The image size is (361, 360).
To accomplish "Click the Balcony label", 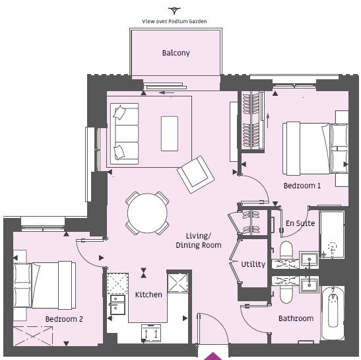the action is (176, 53).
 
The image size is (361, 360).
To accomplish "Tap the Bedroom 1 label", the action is (302, 186).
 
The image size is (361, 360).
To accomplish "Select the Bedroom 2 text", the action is (64, 319).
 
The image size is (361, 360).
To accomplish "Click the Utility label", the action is (253, 264).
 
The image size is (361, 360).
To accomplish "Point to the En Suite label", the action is (300, 223).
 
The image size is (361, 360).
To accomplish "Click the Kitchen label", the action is (148, 295).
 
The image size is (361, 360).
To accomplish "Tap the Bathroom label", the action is (296, 318).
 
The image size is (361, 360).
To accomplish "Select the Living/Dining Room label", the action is (199, 240).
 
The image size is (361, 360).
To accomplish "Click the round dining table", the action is (147, 213).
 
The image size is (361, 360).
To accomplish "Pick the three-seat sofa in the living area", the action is (124, 134).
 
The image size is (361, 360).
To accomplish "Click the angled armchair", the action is (196, 174).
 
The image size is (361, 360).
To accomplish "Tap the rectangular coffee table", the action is (170, 133).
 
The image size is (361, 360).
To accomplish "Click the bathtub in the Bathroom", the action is (333, 312).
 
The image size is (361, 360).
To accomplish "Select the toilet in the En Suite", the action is (286, 250).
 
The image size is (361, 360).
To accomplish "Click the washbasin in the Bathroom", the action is (310, 285).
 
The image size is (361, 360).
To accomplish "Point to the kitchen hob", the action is (151, 333).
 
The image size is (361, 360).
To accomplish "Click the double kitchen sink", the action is (117, 305).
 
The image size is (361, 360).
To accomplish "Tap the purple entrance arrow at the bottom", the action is (213, 356).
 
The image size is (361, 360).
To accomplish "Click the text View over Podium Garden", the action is (174, 21).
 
